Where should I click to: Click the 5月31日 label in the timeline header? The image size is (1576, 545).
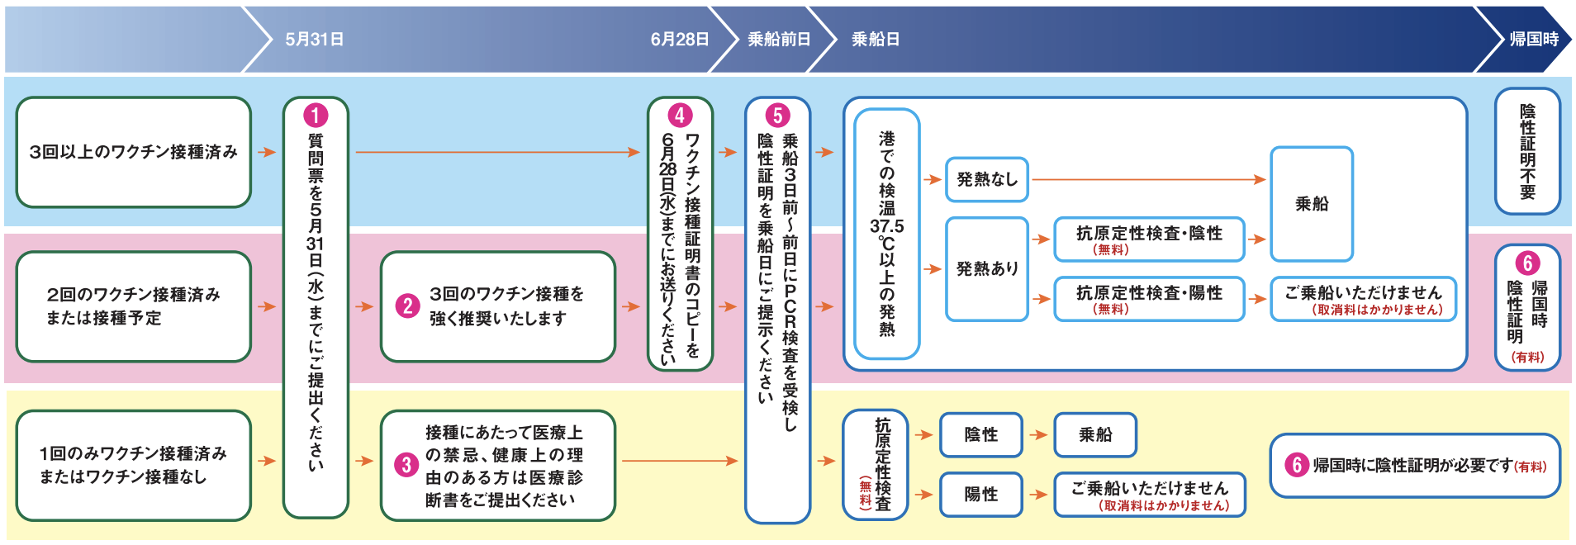point(314,40)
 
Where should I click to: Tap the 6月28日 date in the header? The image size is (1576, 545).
point(679,40)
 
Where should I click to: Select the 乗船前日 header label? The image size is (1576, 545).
point(778,40)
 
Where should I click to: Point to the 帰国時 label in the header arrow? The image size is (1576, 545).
point(1533,40)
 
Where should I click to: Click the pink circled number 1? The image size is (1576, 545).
point(316,115)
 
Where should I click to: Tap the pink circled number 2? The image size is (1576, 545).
point(407,306)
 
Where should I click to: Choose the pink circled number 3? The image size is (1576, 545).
point(406,465)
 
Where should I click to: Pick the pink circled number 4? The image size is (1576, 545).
point(680,115)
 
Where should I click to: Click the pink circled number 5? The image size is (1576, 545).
point(777,115)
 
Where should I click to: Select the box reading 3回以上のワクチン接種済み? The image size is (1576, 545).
point(133,152)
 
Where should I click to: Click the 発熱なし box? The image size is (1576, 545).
point(986,179)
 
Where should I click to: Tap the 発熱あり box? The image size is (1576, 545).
point(986,268)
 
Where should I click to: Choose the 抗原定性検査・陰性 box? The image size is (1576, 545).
point(1148,239)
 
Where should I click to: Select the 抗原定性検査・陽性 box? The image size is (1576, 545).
point(1148,298)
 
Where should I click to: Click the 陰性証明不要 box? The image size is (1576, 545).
point(1527,151)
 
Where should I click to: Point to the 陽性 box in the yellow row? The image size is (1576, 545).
point(980,494)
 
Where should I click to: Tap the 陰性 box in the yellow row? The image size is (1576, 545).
point(980,434)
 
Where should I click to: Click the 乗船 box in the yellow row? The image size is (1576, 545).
point(1094,434)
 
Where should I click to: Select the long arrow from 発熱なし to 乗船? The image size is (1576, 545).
point(1148,179)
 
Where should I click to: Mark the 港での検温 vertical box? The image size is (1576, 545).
point(886,234)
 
